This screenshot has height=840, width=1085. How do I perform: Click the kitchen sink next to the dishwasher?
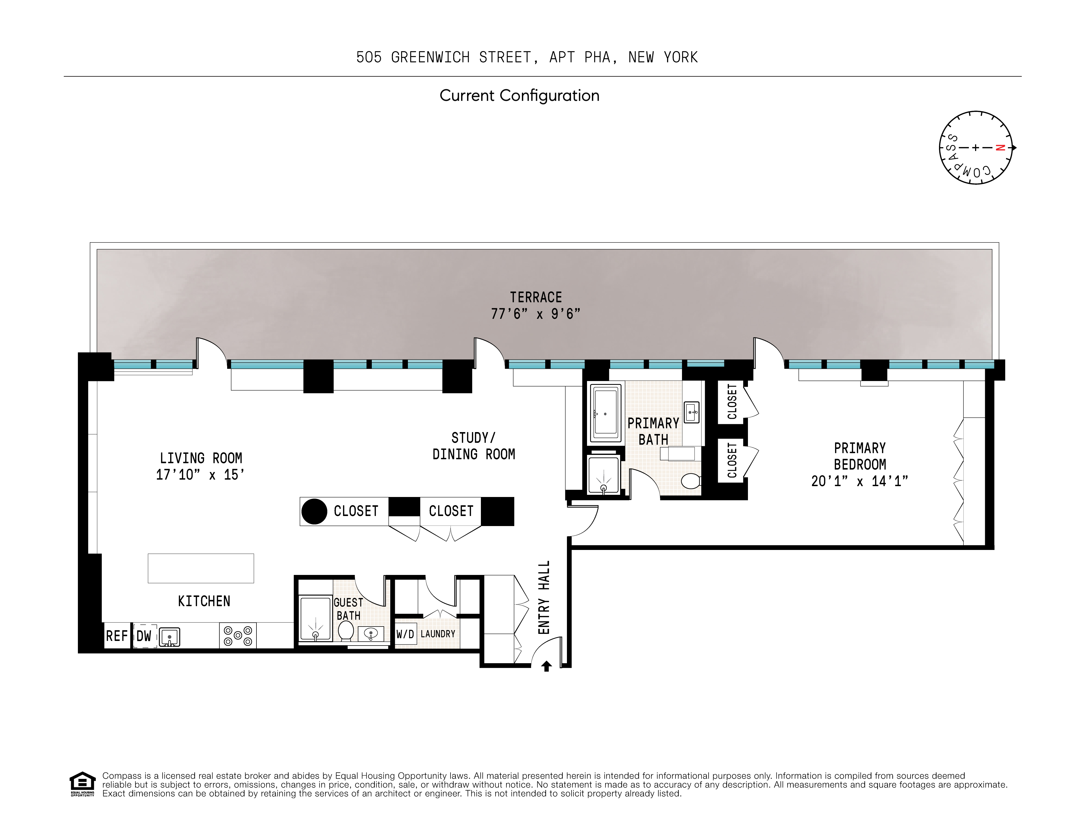[x=169, y=637]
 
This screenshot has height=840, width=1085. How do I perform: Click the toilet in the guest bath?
[x=346, y=631]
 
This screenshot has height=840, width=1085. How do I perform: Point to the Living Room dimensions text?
[x=200, y=475]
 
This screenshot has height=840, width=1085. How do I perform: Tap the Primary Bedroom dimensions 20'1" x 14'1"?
[x=859, y=481]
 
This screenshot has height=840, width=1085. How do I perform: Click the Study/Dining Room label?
[x=474, y=446]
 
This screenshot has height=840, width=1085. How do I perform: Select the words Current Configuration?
[x=519, y=95]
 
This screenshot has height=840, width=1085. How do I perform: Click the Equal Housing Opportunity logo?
[x=82, y=784]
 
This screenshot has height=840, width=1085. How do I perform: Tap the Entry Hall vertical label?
[x=544, y=597]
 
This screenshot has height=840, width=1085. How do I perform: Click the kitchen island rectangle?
[x=201, y=568]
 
